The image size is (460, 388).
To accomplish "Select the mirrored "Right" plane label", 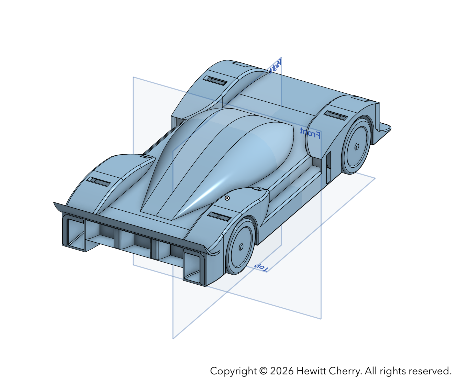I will coord(276,66).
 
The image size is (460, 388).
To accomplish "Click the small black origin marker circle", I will coord(227,198).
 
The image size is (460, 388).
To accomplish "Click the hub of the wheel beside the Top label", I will coord(241,247).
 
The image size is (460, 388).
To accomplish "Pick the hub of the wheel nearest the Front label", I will coord(357,147).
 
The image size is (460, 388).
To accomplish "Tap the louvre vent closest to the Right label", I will coord(215,80).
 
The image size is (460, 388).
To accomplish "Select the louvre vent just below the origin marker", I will coord(219,217).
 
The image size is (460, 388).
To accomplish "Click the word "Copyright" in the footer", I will coord(233,371).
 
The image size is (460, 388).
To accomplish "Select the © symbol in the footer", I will coord(263,371).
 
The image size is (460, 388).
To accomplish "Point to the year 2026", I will coord(282,371).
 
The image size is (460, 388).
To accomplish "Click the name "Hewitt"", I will coord(311,371).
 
